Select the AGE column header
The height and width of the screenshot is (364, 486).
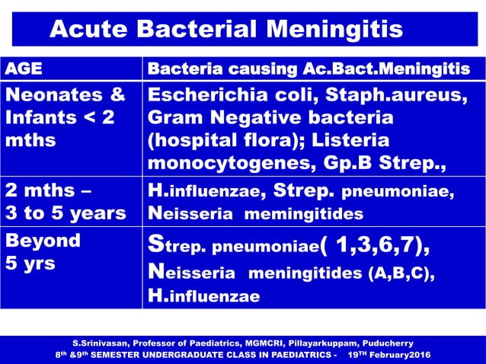click(24, 69)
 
